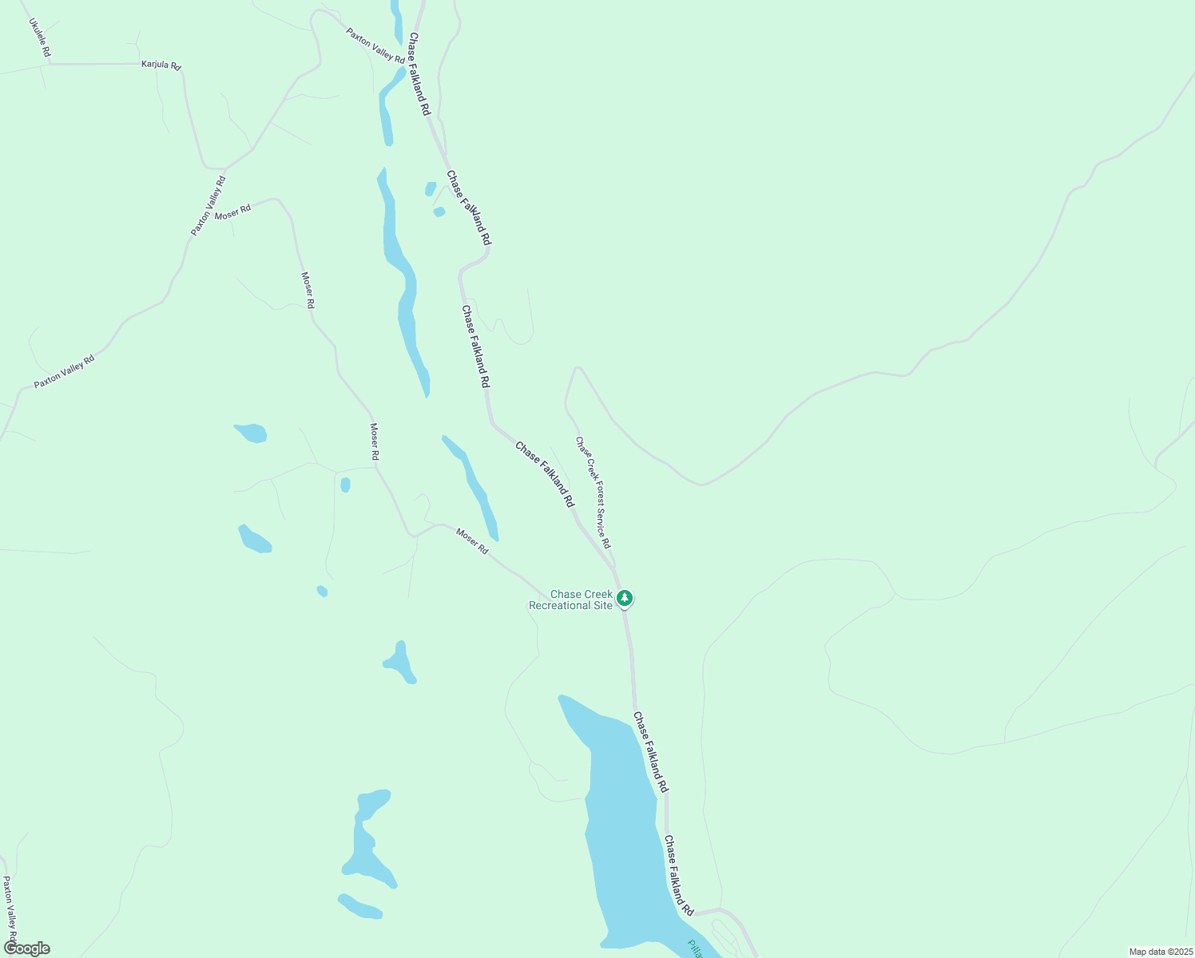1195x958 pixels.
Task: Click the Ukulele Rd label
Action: [x=40, y=38]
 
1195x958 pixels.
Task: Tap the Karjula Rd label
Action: [x=161, y=64]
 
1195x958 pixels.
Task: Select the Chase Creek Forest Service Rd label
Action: [x=594, y=492]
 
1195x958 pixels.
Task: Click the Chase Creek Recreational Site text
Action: [x=570, y=600]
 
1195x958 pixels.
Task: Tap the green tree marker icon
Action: [x=625, y=597]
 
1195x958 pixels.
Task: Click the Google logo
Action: [x=26, y=948]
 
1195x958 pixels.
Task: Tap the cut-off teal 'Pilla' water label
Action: [x=695, y=948]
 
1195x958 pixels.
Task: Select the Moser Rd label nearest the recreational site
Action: [x=472, y=540]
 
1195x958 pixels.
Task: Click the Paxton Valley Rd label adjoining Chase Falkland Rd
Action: [x=375, y=46]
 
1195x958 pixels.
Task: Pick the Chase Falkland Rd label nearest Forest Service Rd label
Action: [x=545, y=474]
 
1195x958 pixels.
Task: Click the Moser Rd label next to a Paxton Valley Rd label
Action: [x=233, y=212]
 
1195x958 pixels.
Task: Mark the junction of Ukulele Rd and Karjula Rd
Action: [x=48, y=64]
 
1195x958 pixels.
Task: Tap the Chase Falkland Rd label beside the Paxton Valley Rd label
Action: [x=419, y=73]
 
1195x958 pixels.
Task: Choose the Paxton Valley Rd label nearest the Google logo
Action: [x=10, y=909]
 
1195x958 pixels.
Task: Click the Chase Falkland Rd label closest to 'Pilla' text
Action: [x=679, y=875]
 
